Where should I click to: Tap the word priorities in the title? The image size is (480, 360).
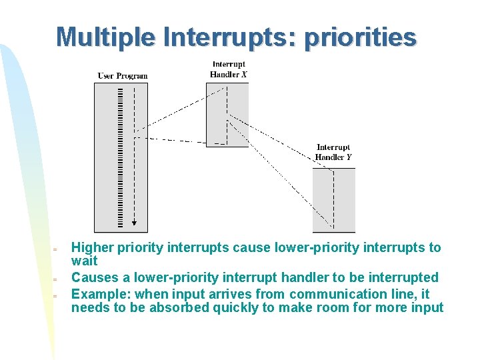[360, 37]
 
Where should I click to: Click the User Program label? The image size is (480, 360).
[123, 76]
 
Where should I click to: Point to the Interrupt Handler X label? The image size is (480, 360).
[228, 69]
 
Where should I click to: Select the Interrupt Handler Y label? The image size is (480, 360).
[333, 152]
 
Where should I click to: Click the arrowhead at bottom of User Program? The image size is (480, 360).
[134, 225]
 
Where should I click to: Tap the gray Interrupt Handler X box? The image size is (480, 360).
[227, 114]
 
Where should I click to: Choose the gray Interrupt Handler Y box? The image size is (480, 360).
[333, 200]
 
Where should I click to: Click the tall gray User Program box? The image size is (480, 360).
[121, 157]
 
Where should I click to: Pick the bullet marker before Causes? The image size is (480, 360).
[57, 279]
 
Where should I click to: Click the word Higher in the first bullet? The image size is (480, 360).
[92, 248]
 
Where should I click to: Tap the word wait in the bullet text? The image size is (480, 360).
[84, 261]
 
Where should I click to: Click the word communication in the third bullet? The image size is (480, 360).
[342, 294]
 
